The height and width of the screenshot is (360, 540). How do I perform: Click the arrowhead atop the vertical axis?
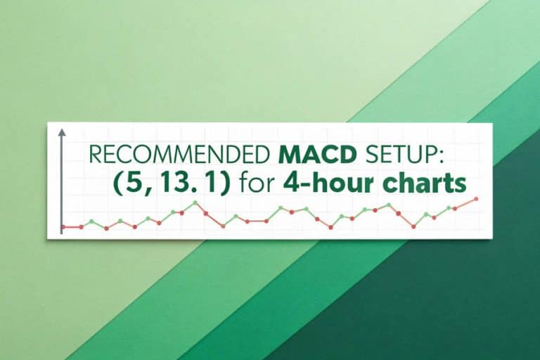pos(62,132)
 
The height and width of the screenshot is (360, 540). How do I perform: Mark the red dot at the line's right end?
pos(477,199)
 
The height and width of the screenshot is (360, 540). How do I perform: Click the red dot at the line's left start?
pos(63,226)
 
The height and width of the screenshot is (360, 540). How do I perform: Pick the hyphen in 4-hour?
pos(301,186)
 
